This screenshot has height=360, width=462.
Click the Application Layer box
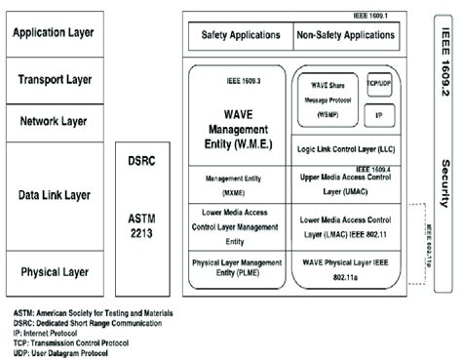pyautogui.click(x=54, y=33)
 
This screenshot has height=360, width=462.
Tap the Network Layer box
pyautogui.click(x=54, y=121)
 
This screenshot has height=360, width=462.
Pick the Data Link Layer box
pyautogui.click(x=54, y=194)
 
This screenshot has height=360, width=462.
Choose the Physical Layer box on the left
pyautogui.click(x=54, y=271)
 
